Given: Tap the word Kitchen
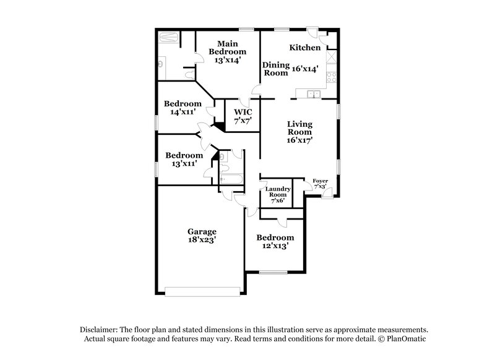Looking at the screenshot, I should coord(305,48).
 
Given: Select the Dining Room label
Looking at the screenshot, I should coord(275,69).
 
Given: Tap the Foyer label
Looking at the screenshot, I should coord(321,181).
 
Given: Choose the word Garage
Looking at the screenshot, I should coord(202,232).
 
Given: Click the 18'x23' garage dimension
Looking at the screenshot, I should coord(202,241).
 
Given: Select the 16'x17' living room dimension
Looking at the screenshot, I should coord(299,140).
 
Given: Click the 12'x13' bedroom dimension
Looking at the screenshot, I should coord(275,246).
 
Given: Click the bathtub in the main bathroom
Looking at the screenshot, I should coord(168,38).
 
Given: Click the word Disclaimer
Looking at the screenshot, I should coord(98,330).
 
